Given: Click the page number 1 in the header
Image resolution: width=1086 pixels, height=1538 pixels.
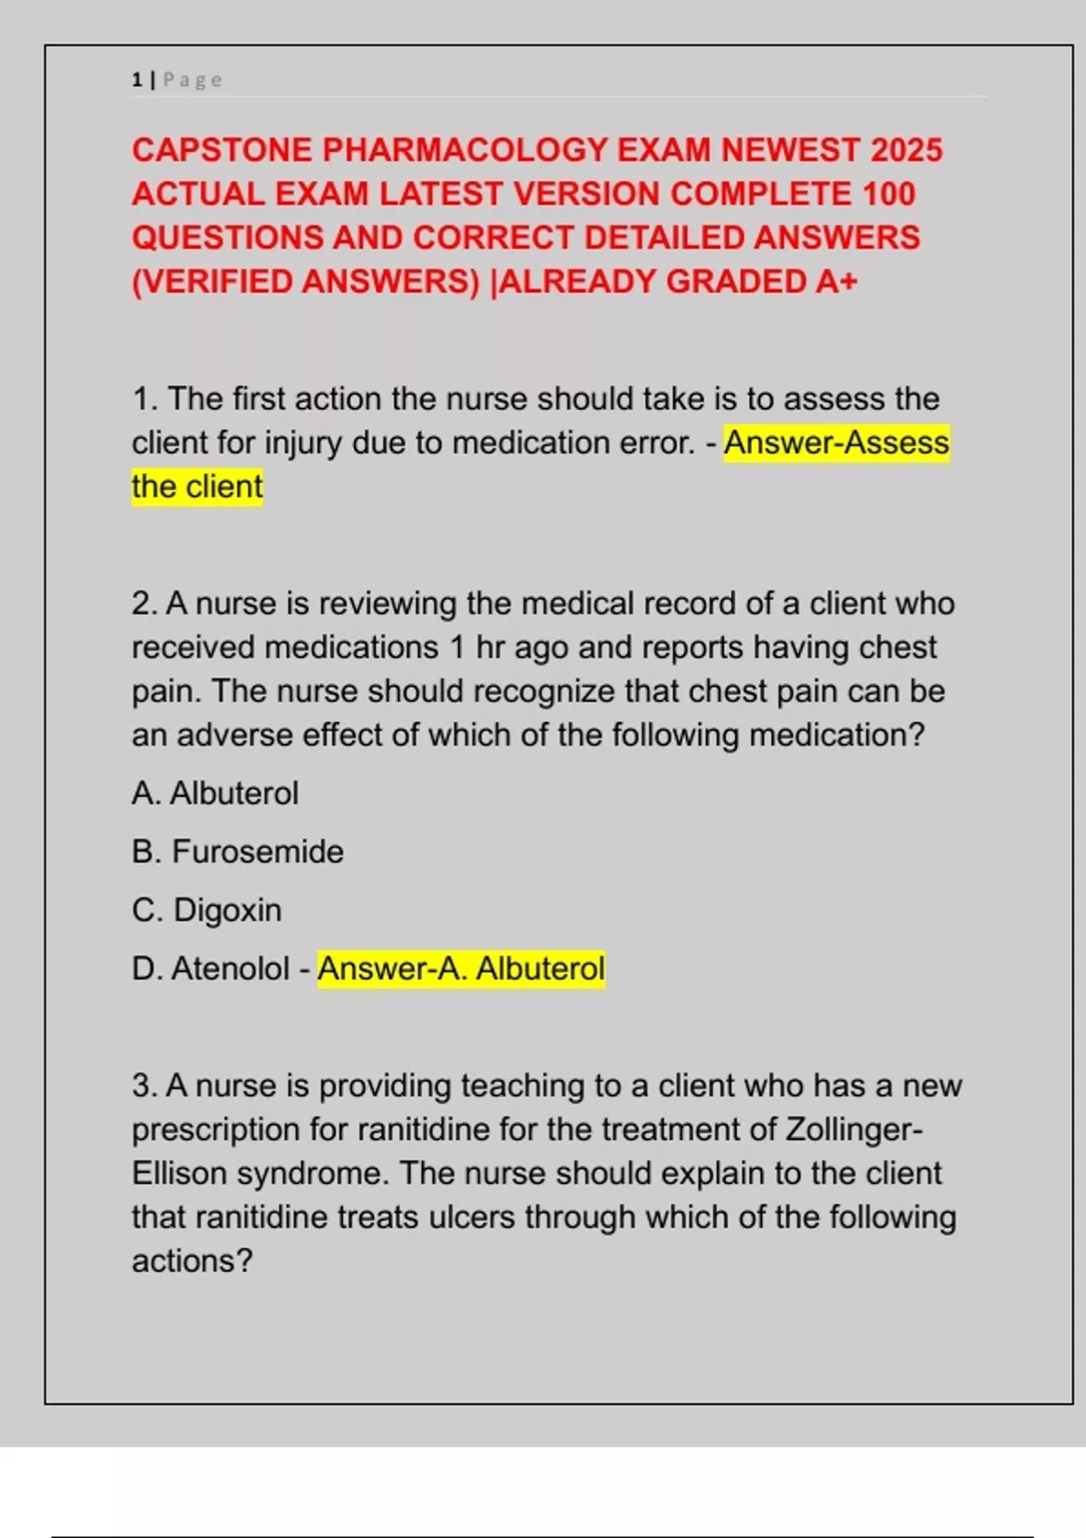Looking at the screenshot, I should pos(137,81).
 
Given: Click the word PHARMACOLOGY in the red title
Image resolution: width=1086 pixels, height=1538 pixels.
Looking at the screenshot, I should pos(464,150).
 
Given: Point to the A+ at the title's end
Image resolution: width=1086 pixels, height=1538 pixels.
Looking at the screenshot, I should pos(835,282).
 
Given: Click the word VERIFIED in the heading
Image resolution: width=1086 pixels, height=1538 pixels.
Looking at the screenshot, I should pos(214,282).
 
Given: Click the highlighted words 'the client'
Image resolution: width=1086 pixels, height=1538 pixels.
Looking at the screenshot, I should pos(197,487).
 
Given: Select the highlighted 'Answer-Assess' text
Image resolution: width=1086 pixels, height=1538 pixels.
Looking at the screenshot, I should pos(836,443).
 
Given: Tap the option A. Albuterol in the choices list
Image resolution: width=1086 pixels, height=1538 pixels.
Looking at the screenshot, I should pos(215,793).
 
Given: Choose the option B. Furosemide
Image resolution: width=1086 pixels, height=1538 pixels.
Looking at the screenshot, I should pos(238,852).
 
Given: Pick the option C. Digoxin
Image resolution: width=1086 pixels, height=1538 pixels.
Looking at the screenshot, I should pos(207,910).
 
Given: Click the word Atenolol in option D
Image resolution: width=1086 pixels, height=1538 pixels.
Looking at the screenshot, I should pos(231,969).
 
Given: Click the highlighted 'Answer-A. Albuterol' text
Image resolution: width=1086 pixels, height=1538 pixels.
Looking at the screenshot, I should pos(461,969).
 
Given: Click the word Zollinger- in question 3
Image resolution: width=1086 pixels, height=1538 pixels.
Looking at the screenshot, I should pos(854,1130).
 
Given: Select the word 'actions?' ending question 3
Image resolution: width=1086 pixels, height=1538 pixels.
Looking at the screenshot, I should pos(192,1261).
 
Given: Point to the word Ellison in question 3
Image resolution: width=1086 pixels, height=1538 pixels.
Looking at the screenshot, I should pos(178,1173).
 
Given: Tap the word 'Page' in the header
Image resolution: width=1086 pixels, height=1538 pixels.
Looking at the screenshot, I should pos(192,81).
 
